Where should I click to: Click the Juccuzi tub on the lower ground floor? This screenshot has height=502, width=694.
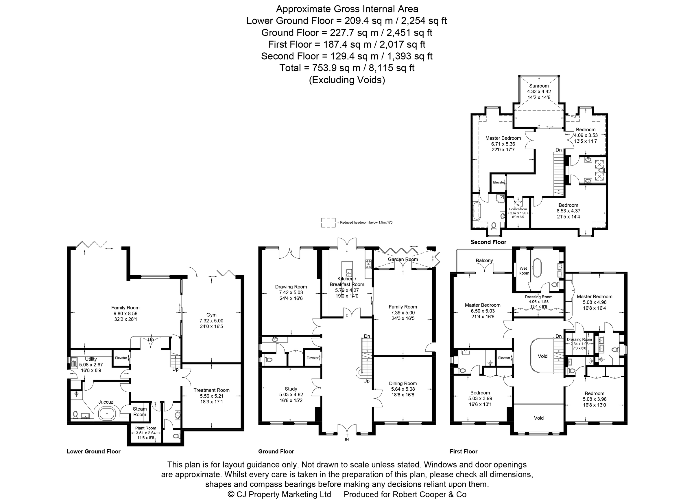click(x=106, y=413)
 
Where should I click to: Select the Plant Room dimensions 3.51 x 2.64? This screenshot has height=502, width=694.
click(x=146, y=433)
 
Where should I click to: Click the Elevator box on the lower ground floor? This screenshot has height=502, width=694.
click(x=121, y=358)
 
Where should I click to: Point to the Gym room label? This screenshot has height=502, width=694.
click(x=211, y=315)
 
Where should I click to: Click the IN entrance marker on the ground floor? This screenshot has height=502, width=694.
click(x=347, y=439)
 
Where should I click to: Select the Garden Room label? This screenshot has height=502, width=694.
click(x=403, y=259)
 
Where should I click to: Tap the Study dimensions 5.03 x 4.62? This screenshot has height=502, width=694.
click(x=291, y=395)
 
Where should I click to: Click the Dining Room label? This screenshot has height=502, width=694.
click(x=403, y=383)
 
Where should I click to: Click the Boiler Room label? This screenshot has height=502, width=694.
click(x=518, y=209)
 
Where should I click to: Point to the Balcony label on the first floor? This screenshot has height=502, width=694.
click(x=484, y=260)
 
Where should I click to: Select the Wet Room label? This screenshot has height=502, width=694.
click(x=524, y=271)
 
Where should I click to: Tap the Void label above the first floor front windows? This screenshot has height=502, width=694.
click(x=539, y=418)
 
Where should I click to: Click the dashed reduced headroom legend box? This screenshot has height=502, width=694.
click(x=328, y=223)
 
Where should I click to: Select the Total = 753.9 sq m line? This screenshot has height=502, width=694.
click(x=347, y=68)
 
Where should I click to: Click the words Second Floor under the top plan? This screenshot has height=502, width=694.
click(x=488, y=242)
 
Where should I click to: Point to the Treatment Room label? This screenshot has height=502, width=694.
click(x=211, y=390)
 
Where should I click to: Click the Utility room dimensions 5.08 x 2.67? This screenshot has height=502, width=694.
click(x=91, y=365)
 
